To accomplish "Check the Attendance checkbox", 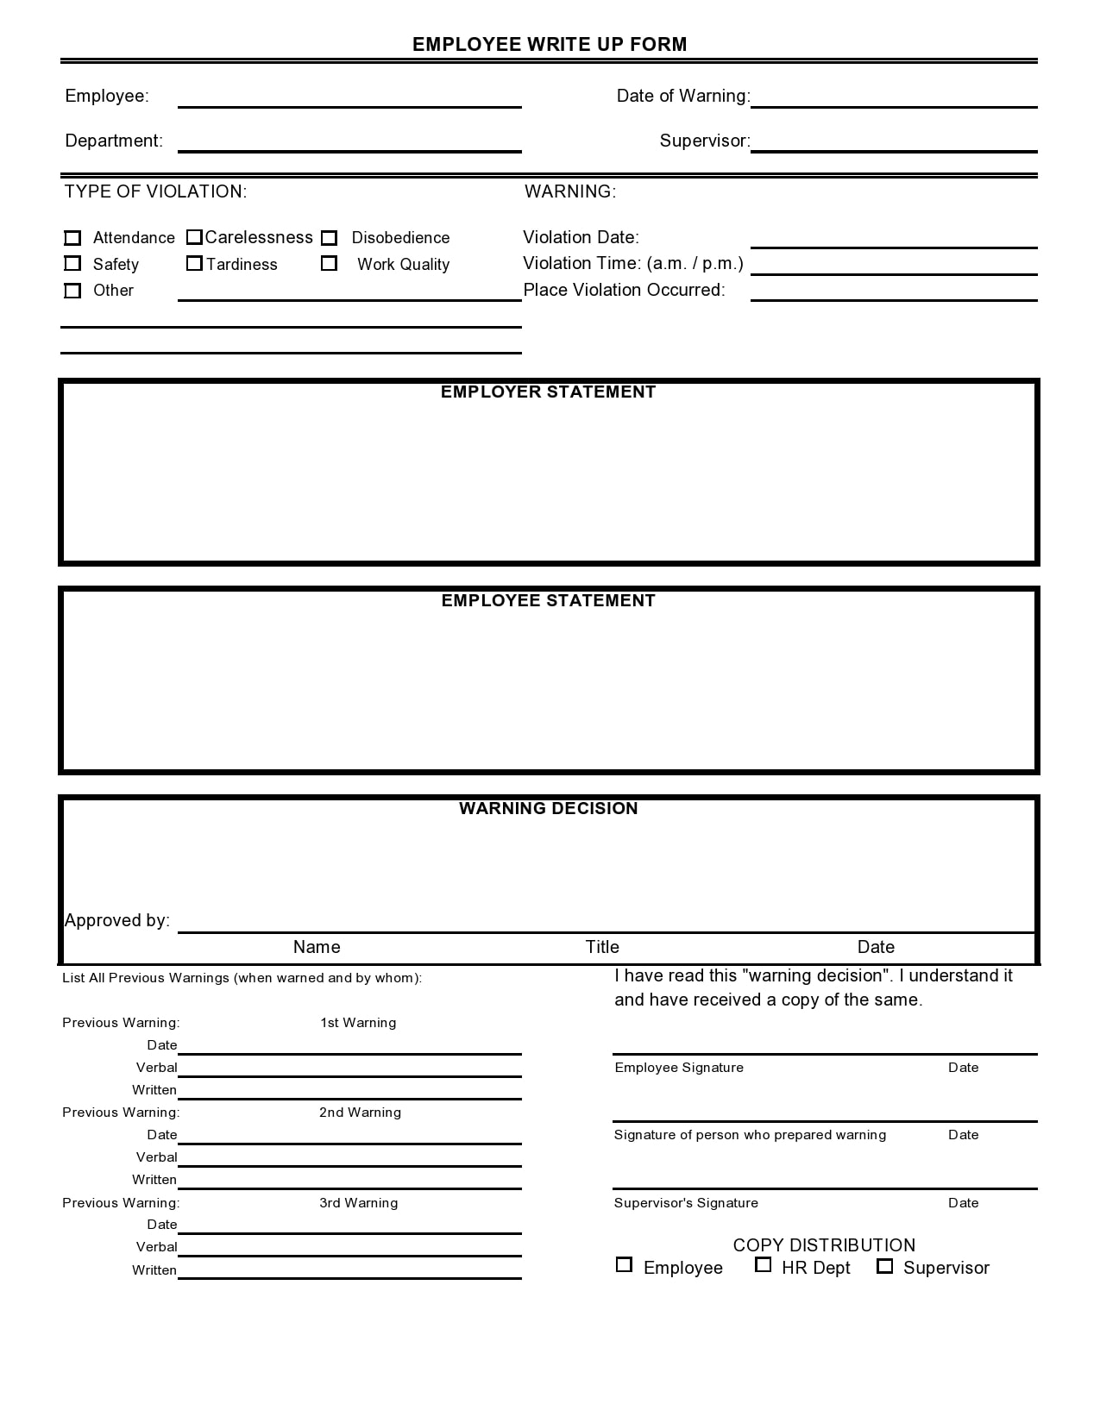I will [73, 238].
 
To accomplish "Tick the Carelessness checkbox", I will [194, 237].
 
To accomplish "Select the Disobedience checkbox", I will [330, 238].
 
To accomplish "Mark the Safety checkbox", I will [73, 264].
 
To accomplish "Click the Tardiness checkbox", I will [194, 264].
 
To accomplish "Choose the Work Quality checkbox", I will [330, 264].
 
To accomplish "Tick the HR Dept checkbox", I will [763, 1265].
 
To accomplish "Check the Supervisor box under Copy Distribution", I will [884, 1266].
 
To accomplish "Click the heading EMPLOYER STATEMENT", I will [548, 392].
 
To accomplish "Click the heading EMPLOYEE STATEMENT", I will [548, 601].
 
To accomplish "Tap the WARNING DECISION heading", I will [548, 809].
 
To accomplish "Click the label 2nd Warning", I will [360, 1113].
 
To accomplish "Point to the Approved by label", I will [117, 921].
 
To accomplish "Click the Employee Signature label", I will [679, 1068].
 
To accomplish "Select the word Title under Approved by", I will [602, 947].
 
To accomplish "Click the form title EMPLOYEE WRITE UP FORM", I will [550, 45].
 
